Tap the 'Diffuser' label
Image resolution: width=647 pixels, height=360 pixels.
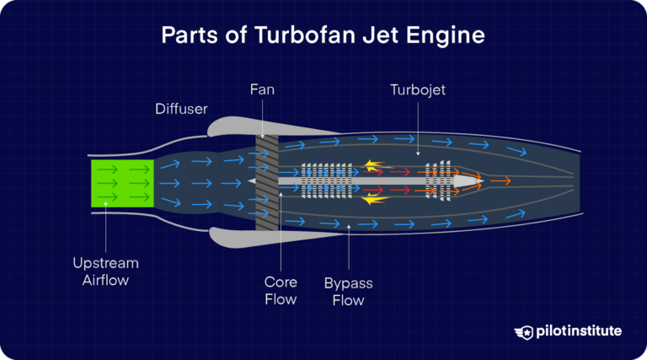(180, 109)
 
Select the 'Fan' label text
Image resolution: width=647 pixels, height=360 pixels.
(262, 89)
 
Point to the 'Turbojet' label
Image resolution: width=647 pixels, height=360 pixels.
(419, 89)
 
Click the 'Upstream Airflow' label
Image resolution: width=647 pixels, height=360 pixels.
(106, 271)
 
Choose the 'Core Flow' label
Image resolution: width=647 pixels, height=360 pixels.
(280, 290)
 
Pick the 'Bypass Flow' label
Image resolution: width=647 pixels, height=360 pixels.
(349, 290)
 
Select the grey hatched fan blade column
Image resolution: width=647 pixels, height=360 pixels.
(267, 182)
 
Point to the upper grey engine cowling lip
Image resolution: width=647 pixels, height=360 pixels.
(232, 126)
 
